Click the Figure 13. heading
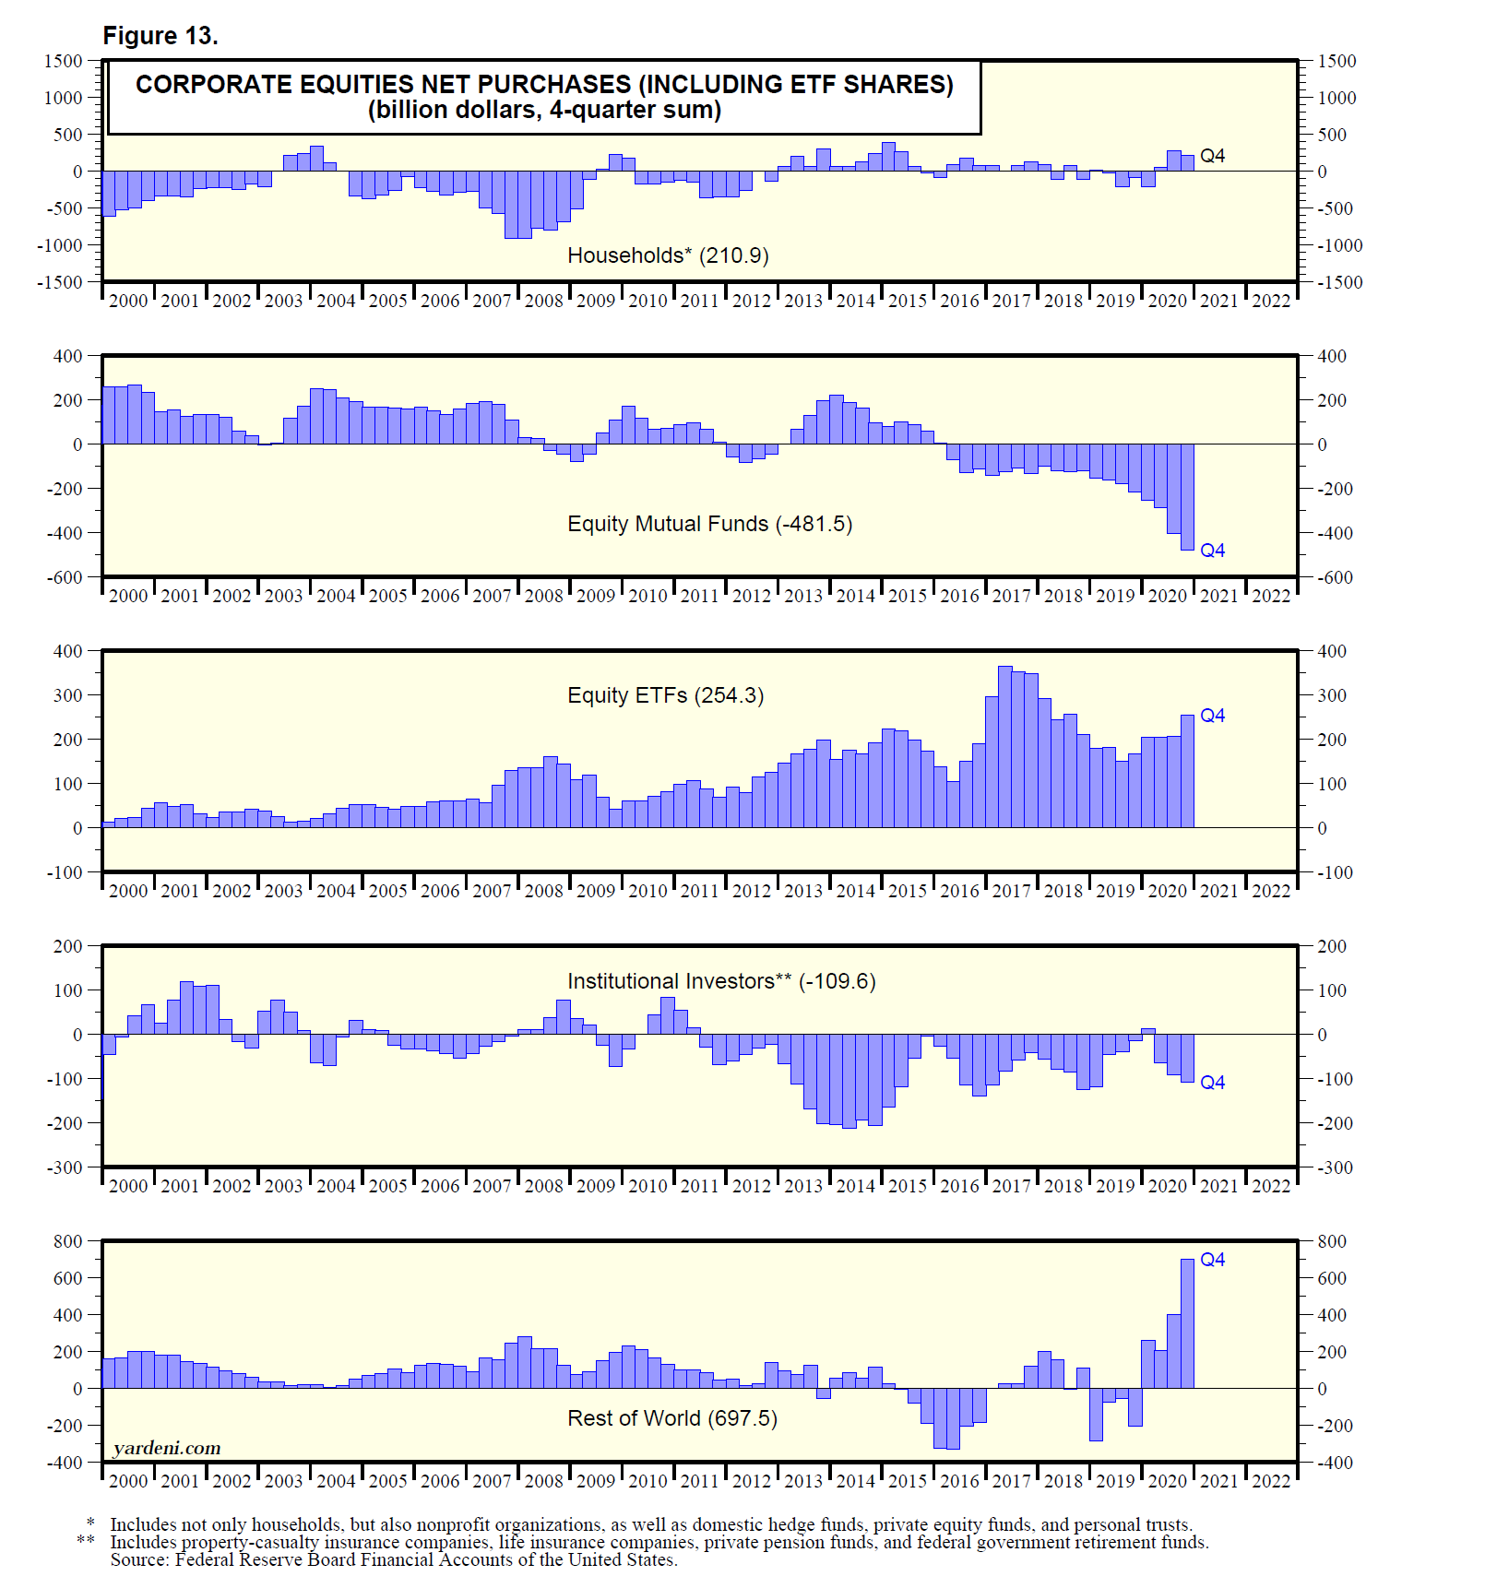[x=160, y=36]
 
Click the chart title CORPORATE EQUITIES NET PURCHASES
[x=544, y=84]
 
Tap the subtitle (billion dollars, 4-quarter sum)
[x=544, y=111]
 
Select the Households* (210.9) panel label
[x=668, y=255]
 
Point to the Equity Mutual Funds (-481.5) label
[x=709, y=524]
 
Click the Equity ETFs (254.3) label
[x=665, y=695]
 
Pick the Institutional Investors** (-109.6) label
[x=721, y=981]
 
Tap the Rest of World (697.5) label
[x=671, y=1418]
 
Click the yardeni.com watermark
[x=167, y=1448]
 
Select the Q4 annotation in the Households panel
[x=1212, y=156]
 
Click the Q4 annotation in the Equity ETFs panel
[x=1212, y=716]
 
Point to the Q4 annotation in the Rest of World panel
[x=1212, y=1260]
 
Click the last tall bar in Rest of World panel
[x=1187, y=1323]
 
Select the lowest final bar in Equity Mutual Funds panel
[x=1187, y=497]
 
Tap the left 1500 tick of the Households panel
[x=64, y=61]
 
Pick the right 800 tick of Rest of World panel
[x=1332, y=1241]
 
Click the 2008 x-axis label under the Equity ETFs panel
[x=543, y=891]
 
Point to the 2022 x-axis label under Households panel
[x=1271, y=301]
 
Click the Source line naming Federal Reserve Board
[x=394, y=1559]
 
